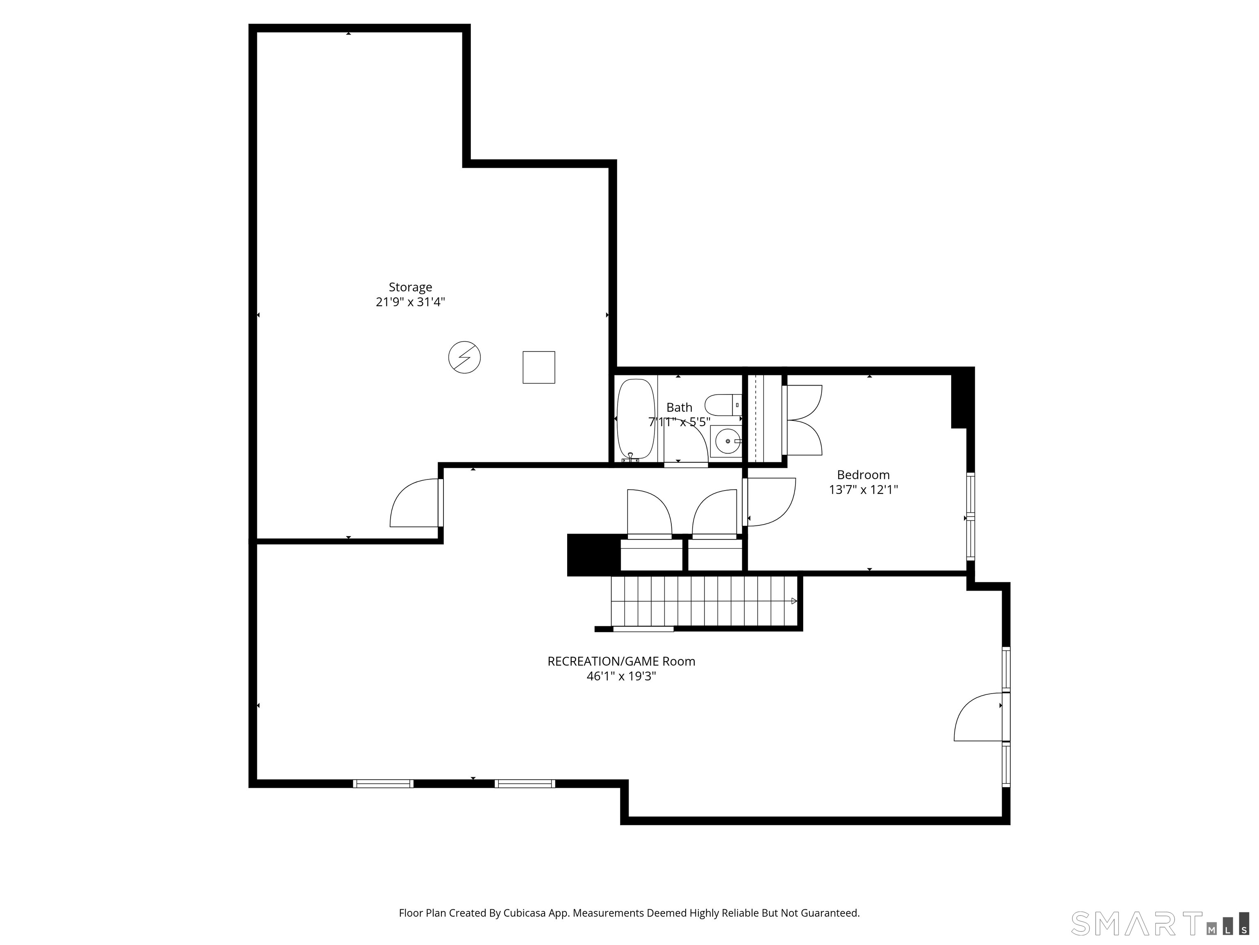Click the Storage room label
410,287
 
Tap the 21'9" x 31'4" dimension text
410,302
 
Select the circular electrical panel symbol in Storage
464,357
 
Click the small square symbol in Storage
539,367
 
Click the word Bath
679,407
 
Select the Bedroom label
864,475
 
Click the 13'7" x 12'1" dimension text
864,489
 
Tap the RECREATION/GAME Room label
622,661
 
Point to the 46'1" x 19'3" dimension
622,676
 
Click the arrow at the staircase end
794,601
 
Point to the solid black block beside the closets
593,555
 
